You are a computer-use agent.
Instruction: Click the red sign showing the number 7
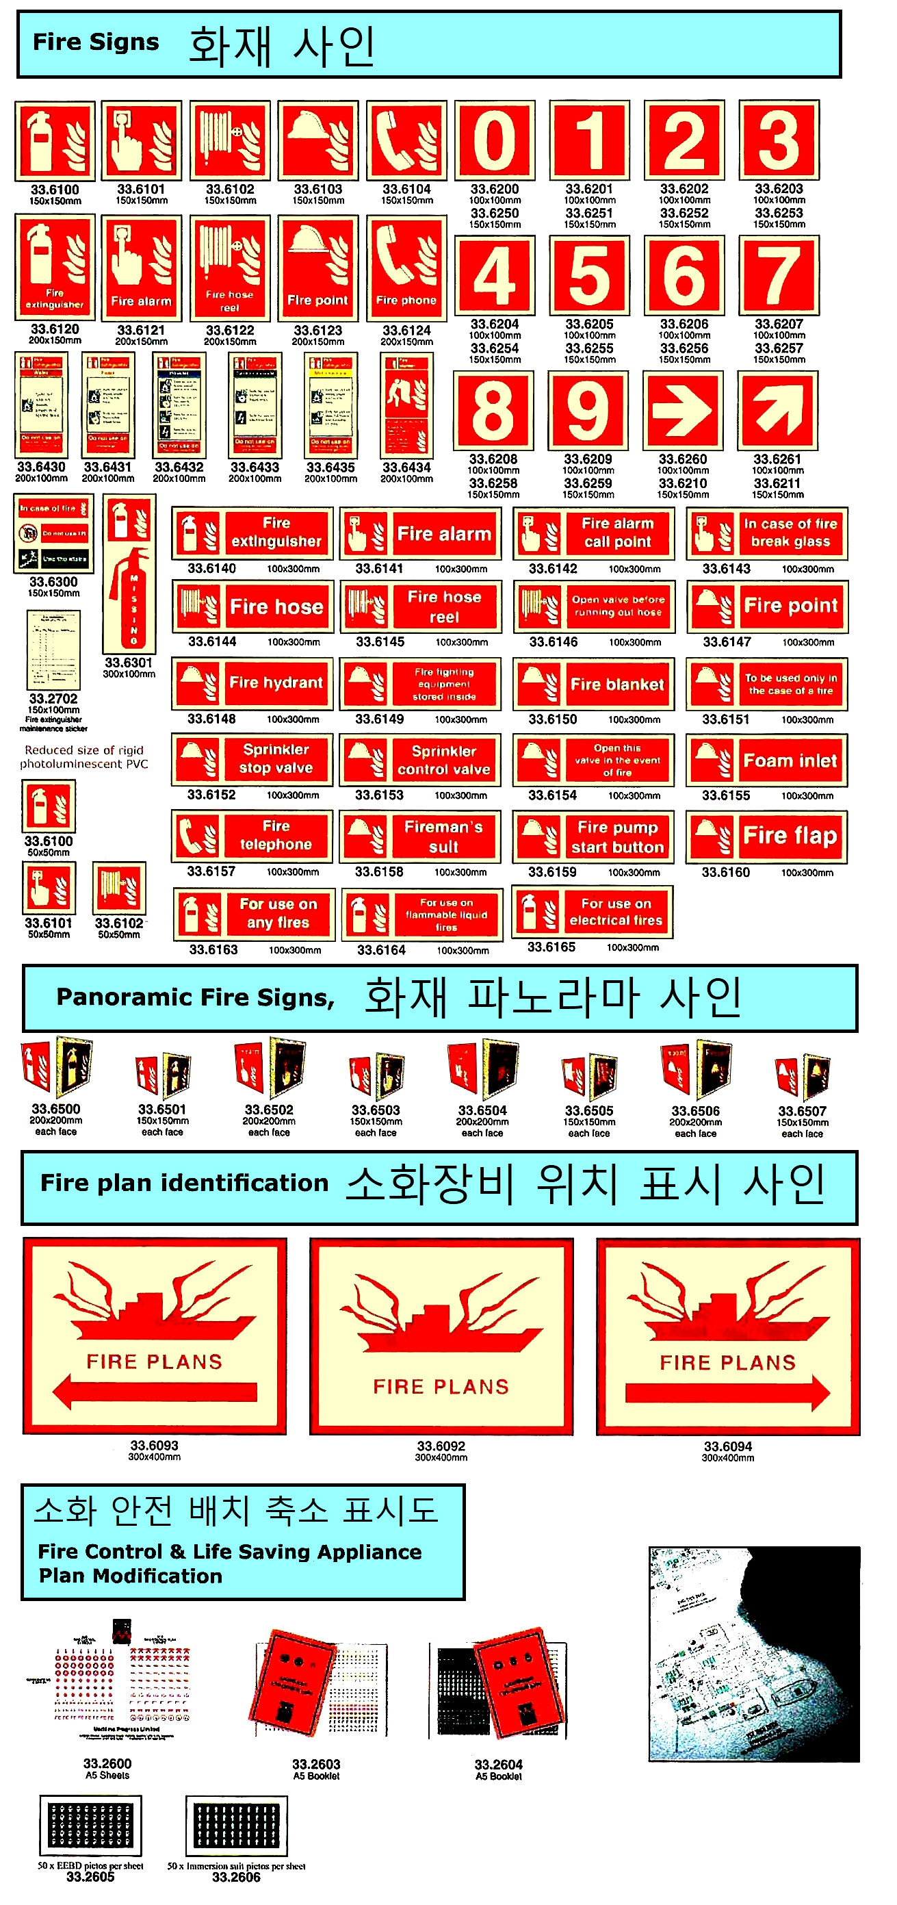(x=779, y=275)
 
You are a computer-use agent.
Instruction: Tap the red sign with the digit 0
(x=495, y=140)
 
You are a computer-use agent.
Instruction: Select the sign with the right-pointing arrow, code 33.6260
(x=684, y=411)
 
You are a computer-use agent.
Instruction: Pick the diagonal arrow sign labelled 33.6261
(x=777, y=411)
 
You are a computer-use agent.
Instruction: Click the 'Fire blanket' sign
(x=594, y=684)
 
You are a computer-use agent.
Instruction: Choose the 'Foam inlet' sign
(x=767, y=760)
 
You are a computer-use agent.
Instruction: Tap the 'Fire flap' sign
(x=767, y=836)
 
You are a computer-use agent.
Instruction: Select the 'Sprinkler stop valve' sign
(x=252, y=758)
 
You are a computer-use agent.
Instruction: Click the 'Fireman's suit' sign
(x=420, y=836)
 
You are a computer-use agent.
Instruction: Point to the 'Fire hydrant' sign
(x=252, y=682)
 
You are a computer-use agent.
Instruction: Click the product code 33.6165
(x=551, y=947)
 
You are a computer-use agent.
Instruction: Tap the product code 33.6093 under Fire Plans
(x=154, y=1445)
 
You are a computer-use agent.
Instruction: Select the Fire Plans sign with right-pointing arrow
(x=727, y=1336)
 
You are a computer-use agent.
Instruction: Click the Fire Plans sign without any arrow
(x=441, y=1336)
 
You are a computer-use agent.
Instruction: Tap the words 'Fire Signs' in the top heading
(x=96, y=42)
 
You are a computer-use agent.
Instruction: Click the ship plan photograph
(x=753, y=1654)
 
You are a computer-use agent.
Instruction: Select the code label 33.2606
(x=236, y=1877)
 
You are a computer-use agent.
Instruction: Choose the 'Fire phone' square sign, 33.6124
(x=406, y=268)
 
